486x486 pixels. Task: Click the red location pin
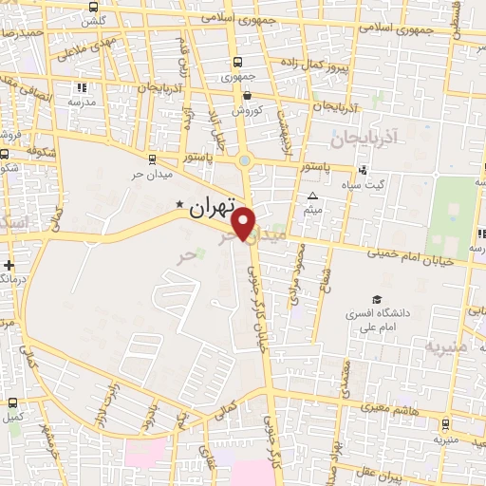pyautogui.click(x=244, y=224)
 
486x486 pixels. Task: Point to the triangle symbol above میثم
pyautogui.click(x=313, y=196)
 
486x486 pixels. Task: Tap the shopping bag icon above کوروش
pyautogui.click(x=247, y=95)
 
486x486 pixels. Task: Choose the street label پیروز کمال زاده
pyautogui.click(x=315, y=64)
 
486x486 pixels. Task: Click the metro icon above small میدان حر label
pyautogui.click(x=152, y=159)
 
